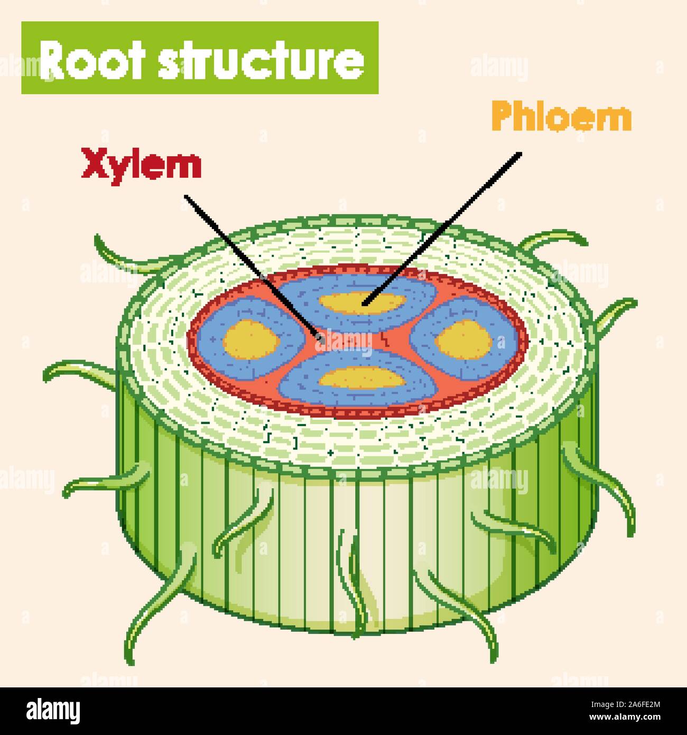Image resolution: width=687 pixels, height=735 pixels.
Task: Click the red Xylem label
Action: [141, 164]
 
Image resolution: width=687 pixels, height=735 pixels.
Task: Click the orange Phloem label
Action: [561, 117]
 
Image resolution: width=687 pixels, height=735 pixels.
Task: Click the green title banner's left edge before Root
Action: [30, 58]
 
